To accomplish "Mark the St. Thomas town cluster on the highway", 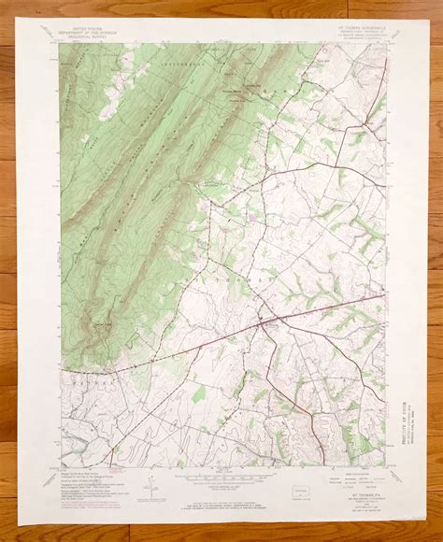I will pyautogui.click(x=268, y=322).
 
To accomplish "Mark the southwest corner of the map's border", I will pyautogui.click(x=61, y=466).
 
